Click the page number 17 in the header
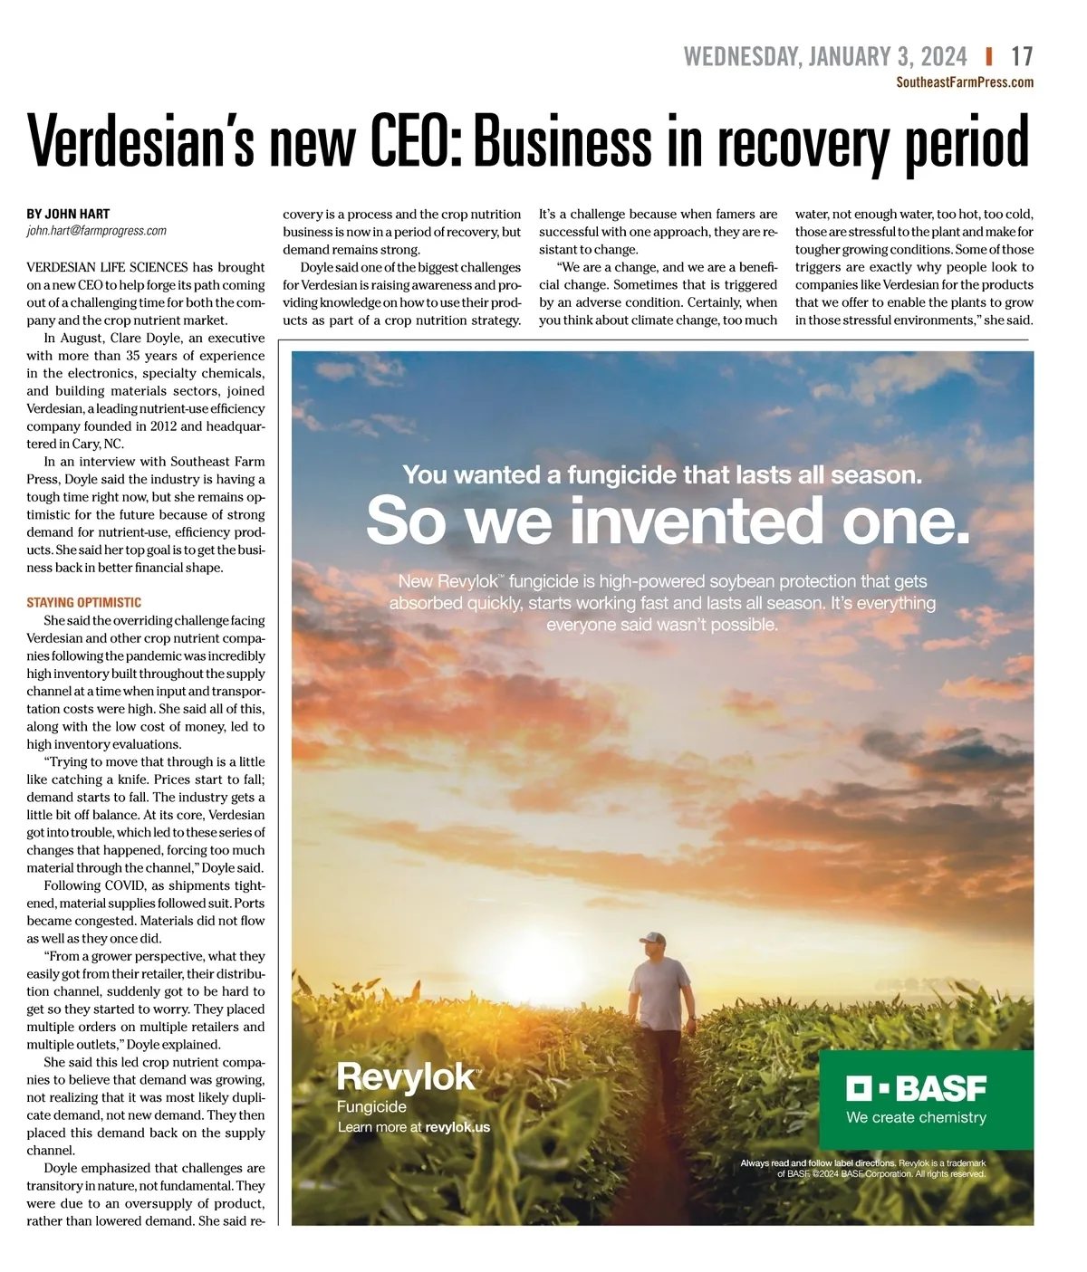coord(1022,57)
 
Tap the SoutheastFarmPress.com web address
coord(964,82)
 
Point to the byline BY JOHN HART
coord(68,214)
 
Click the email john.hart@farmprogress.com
coord(96,231)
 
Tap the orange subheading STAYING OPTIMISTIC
coord(83,602)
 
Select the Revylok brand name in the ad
coord(407,1076)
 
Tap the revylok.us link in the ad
coord(457,1127)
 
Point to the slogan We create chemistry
coord(916,1117)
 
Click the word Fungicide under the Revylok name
coord(371,1106)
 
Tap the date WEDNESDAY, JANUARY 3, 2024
coord(825,57)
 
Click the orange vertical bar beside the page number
coord(989,57)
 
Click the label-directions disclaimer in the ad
coord(862,1168)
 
